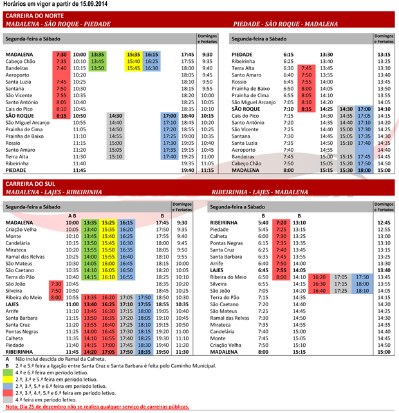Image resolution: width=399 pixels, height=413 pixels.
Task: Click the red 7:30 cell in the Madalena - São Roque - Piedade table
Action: pos(61,54)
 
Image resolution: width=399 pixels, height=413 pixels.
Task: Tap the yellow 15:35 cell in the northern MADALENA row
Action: pos(134,54)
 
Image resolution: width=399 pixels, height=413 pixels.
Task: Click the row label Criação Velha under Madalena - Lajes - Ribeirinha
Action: pos(23,229)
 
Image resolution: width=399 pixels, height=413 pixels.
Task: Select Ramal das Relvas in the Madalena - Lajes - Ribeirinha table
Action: pos(25,256)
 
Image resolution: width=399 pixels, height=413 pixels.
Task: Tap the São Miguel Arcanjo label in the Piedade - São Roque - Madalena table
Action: pos(254,102)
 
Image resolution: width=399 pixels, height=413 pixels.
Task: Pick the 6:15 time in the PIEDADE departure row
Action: pos(288,54)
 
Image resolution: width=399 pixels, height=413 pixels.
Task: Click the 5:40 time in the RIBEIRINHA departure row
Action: pos(263,222)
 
